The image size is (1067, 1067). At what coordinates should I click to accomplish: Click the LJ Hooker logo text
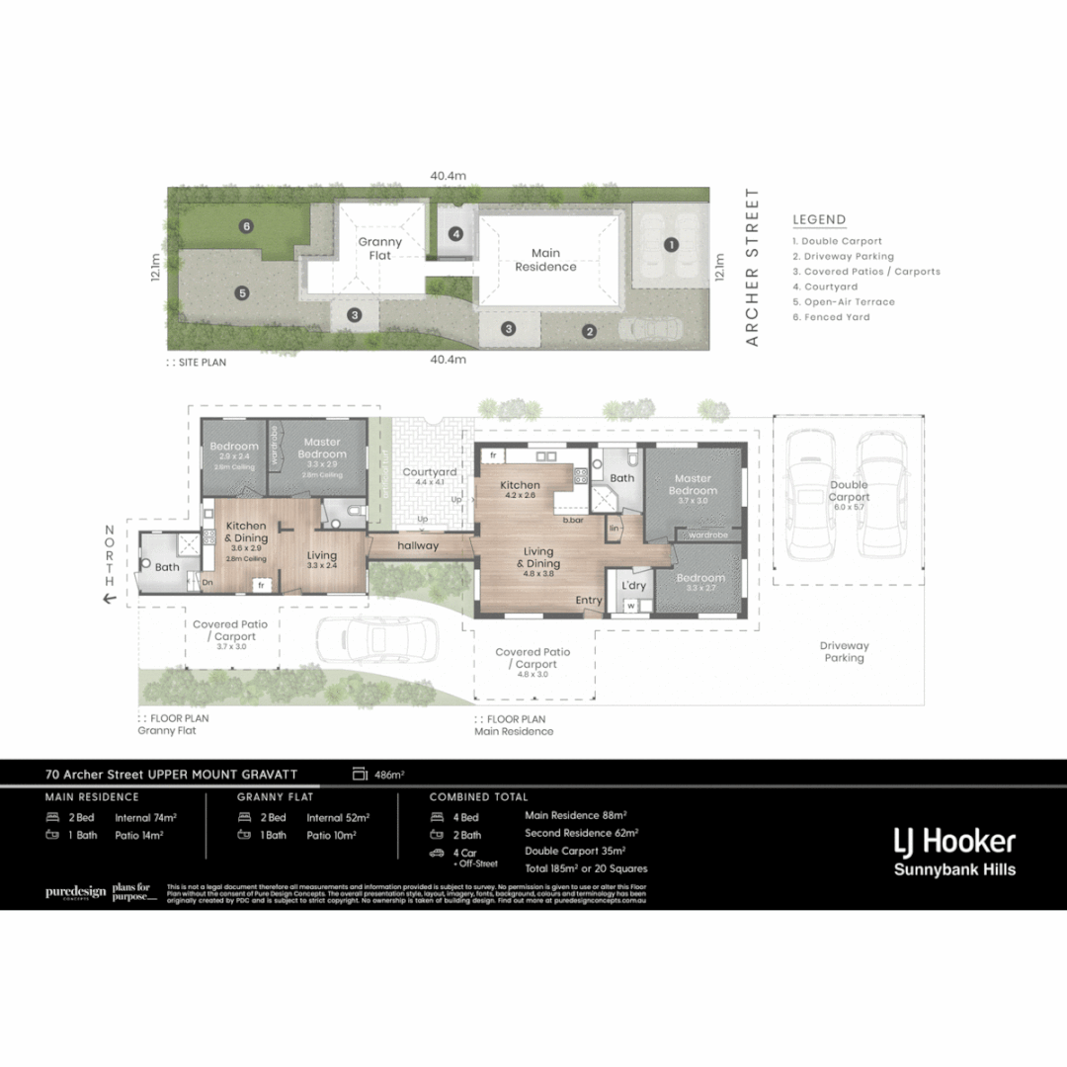pyautogui.click(x=953, y=842)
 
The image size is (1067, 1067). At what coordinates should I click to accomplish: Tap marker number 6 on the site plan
pyautogui.click(x=246, y=226)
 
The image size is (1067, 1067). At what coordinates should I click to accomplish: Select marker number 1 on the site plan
pyautogui.click(x=671, y=244)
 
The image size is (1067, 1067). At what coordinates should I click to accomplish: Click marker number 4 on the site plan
pyautogui.click(x=455, y=234)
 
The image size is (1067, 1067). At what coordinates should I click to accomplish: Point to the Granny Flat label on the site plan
pyautogui.click(x=379, y=248)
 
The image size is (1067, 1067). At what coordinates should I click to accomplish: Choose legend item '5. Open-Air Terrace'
pyautogui.click(x=843, y=301)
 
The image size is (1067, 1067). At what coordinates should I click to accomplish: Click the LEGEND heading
pyautogui.click(x=819, y=220)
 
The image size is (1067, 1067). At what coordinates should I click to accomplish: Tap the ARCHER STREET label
pyautogui.click(x=752, y=267)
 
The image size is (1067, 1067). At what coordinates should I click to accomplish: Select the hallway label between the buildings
pyautogui.click(x=418, y=545)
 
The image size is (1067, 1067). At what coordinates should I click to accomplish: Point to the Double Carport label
pyautogui.click(x=849, y=491)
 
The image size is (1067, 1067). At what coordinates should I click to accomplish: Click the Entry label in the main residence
pyautogui.click(x=589, y=600)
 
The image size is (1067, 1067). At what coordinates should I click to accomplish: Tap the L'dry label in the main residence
pyautogui.click(x=632, y=585)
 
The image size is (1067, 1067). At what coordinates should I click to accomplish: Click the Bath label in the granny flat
pyautogui.click(x=167, y=567)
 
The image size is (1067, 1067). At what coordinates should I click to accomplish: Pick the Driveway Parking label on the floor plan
pyautogui.click(x=844, y=651)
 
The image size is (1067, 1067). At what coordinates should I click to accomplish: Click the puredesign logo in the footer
pyautogui.click(x=75, y=892)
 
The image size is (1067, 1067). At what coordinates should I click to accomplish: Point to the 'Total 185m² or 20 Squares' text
pyautogui.click(x=586, y=868)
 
